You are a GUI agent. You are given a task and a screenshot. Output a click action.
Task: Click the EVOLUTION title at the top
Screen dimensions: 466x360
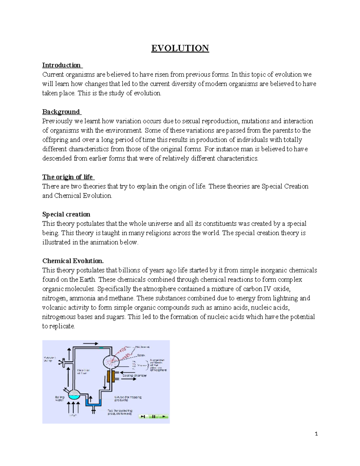(180, 48)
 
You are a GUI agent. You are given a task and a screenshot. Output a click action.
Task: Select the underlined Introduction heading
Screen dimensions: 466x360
(61, 65)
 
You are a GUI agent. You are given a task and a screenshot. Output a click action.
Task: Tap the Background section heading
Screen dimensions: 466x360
(61, 112)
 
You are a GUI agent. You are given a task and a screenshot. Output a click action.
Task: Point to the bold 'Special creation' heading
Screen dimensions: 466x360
(66, 214)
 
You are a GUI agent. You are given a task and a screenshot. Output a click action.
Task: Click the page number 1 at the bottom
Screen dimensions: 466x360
(316, 434)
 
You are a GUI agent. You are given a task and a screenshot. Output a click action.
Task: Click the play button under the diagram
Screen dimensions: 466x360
(164, 416)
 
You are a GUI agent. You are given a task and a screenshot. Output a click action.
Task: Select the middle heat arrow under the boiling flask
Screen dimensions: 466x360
(74, 407)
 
